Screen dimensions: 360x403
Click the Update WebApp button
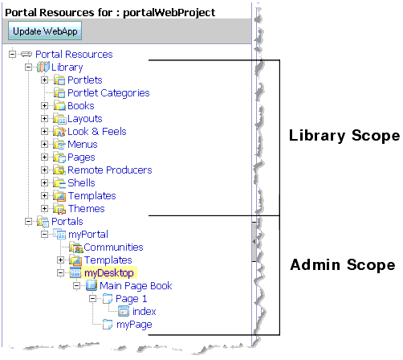45,31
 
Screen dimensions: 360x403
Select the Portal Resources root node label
73,54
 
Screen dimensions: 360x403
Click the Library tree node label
67,67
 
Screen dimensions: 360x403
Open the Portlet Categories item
108,92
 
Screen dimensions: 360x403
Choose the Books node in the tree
80,105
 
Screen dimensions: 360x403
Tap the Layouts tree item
84,118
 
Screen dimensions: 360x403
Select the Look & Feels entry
96,131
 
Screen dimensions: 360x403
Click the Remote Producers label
109,170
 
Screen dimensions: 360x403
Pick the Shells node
81,182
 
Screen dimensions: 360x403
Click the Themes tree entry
86,208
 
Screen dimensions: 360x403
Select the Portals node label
67,221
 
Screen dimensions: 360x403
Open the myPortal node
88,234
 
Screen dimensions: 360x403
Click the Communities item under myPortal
113,247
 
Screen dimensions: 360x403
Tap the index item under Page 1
145,311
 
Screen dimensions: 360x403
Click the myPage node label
134,324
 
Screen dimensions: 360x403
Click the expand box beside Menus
45,144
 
